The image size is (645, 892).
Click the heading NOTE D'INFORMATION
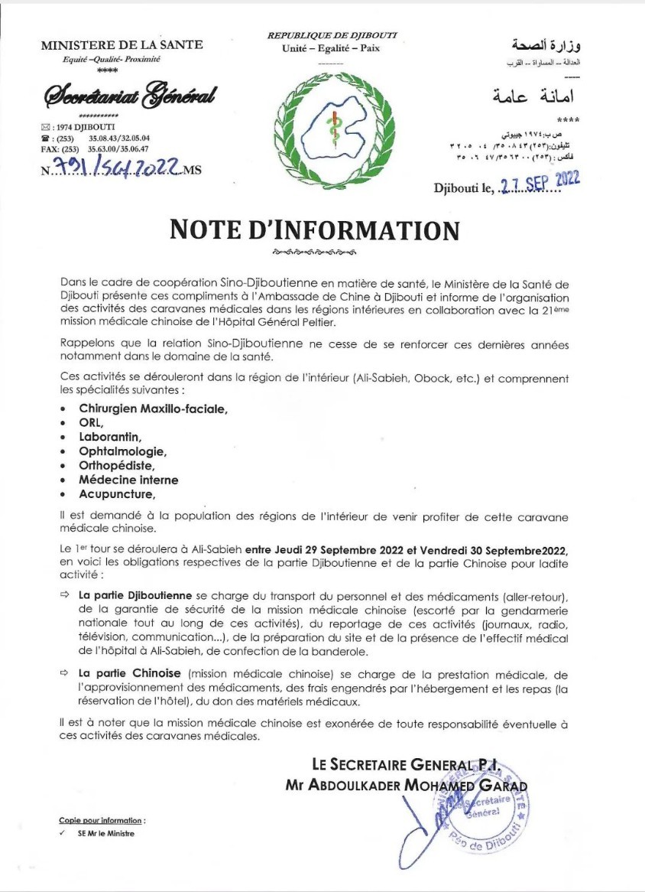click(x=314, y=230)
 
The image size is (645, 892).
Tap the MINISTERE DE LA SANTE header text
click(x=122, y=45)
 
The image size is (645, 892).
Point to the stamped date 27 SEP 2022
click(x=539, y=181)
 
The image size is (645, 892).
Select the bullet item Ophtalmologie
click(x=122, y=451)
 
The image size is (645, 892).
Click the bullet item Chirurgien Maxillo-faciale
click(x=153, y=409)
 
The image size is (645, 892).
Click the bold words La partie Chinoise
click(x=129, y=673)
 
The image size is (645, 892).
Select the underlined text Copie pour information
click(x=102, y=820)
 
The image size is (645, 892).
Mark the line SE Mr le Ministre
click(x=105, y=833)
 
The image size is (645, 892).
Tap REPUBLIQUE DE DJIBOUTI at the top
click(x=332, y=35)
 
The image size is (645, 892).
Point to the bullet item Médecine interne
click(x=128, y=480)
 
